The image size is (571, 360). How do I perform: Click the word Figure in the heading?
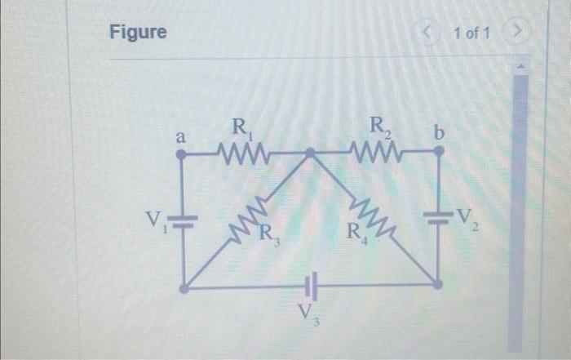(138, 33)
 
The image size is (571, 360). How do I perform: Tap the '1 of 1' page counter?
(472, 33)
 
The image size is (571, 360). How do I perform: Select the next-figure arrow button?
(515, 33)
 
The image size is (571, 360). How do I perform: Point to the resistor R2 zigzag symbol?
(376, 152)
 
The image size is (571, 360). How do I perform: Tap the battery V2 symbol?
(439, 217)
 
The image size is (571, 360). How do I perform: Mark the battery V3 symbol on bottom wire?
(311, 286)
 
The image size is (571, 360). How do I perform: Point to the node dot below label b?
(439, 153)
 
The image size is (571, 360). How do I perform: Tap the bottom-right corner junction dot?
(438, 285)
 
